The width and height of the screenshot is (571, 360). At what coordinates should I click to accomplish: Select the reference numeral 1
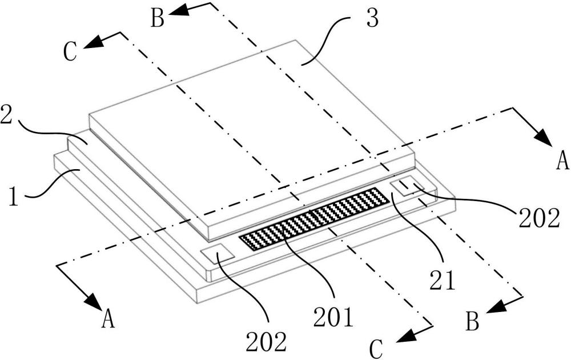click(x=14, y=195)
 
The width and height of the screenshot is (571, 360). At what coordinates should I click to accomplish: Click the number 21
click(x=442, y=279)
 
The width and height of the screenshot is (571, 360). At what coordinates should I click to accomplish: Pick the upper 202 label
click(x=539, y=218)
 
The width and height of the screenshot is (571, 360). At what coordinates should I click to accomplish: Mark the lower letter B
click(x=472, y=321)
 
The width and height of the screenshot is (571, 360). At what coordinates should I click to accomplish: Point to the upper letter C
click(x=70, y=52)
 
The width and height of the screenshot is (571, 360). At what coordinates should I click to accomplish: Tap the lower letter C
click(x=376, y=349)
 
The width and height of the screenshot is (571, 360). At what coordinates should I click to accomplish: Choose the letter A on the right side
click(x=562, y=161)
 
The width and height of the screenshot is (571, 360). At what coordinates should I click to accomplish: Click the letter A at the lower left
click(x=108, y=318)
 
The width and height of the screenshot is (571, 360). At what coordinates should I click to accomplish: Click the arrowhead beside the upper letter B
click(x=178, y=10)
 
